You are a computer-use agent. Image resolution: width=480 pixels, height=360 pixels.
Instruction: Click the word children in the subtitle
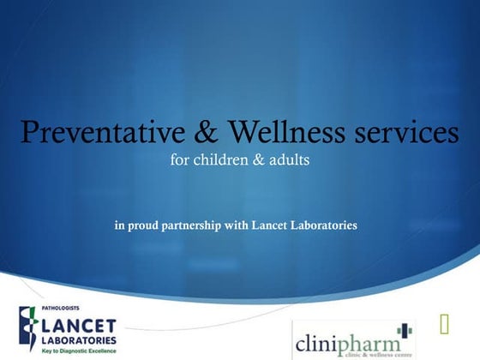218,160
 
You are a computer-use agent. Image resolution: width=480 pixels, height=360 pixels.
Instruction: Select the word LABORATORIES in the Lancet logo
82,340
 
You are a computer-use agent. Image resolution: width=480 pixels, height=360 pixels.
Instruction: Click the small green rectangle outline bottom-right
445,323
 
